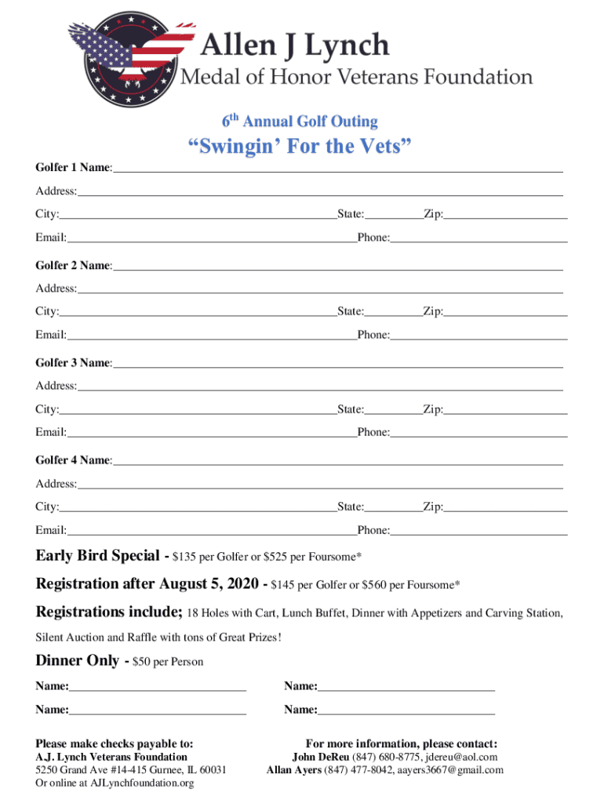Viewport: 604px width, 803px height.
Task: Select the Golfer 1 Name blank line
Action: tap(337, 168)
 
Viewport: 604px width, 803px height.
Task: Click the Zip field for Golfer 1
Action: tap(505, 213)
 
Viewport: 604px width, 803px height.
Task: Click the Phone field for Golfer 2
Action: tap(478, 335)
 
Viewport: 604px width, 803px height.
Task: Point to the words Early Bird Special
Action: tap(97, 556)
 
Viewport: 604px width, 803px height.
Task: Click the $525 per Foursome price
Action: tap(326, 558)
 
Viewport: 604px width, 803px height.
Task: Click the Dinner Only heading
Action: tap(78, 660)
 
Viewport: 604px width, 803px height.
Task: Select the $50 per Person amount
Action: tap(169, 662)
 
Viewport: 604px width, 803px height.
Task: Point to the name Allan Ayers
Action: tap(294, 770)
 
